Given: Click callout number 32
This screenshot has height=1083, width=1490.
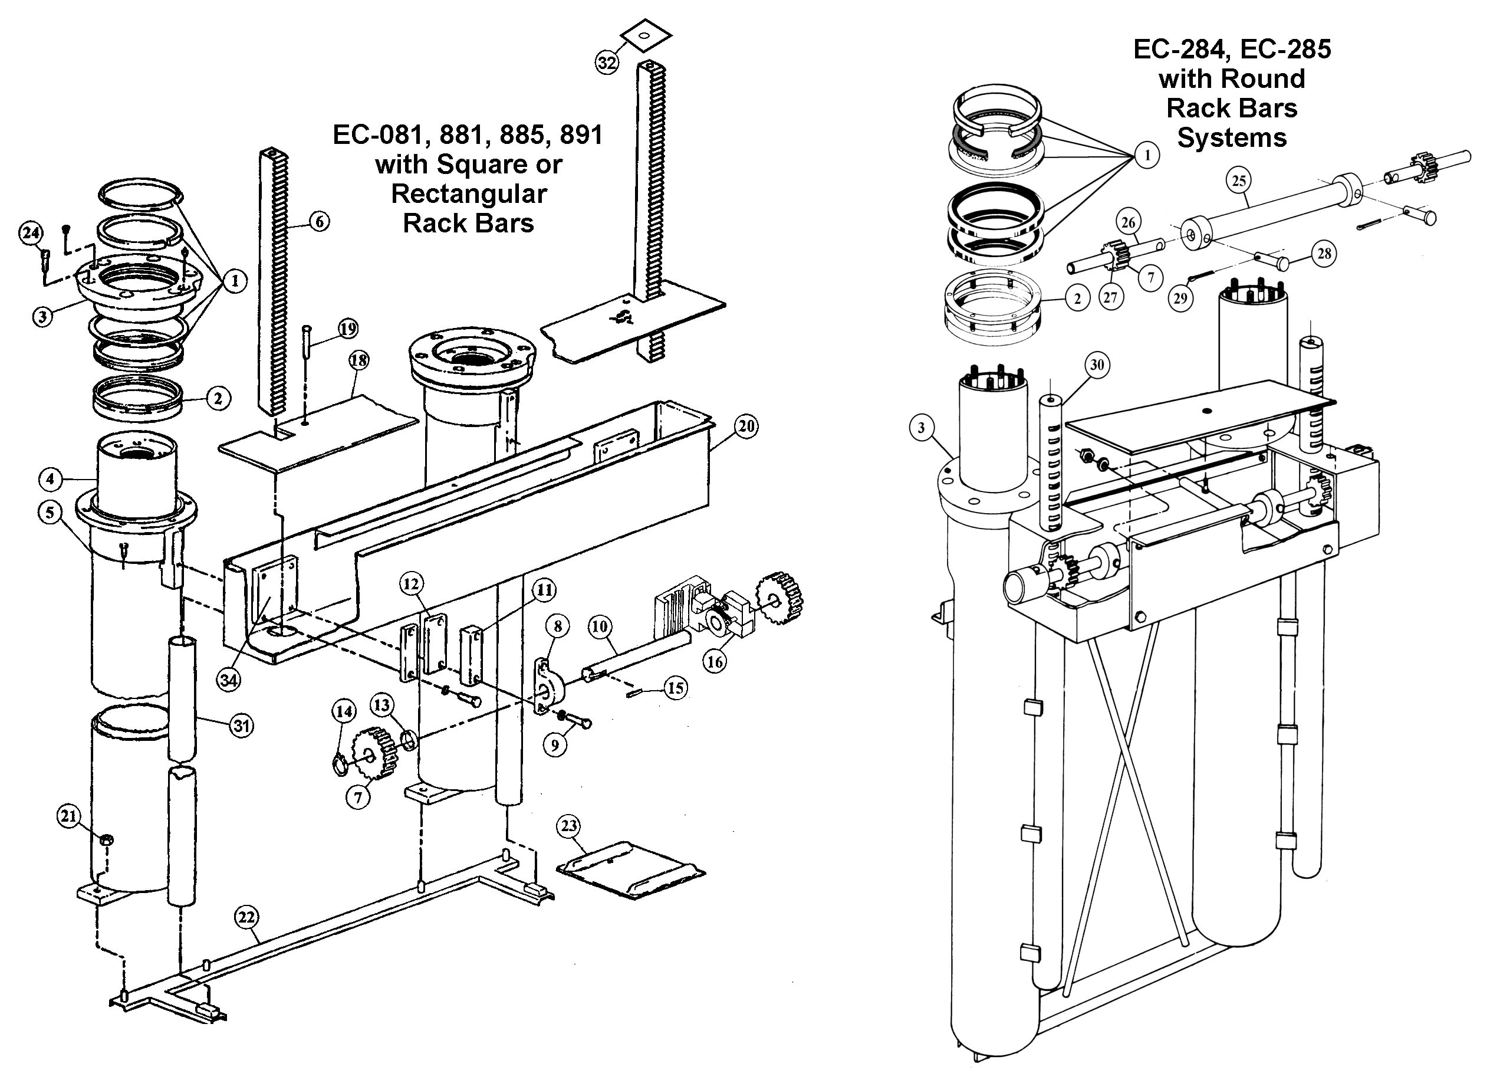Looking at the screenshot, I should (606, 63).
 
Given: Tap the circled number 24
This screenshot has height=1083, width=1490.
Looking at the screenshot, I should (31, 233).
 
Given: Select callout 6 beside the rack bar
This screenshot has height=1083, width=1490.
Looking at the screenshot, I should (320, 221).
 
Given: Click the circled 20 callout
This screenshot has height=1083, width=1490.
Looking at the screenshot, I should (746, 426).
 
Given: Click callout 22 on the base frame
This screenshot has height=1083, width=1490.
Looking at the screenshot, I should (246, 917).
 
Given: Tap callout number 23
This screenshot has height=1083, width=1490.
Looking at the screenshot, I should (569, 826).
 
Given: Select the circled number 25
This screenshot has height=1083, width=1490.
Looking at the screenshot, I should (1238, 180).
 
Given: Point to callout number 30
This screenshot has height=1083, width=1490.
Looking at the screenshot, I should (1097, 365).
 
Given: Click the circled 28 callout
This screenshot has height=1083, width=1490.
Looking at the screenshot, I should (1324, 254).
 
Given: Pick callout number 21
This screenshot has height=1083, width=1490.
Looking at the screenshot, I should (69, 816).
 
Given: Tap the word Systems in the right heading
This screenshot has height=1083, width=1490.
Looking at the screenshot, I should (1232, 138).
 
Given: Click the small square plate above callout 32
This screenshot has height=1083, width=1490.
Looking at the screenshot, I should (645, 35).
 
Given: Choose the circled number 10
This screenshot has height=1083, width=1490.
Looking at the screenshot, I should (599, 626).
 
